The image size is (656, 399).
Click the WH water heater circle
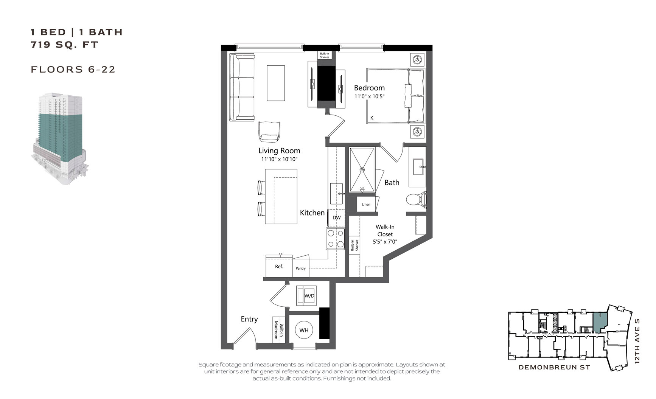click(304, 330)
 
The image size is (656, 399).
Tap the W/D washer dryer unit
click(309, 295)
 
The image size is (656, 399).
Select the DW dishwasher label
click(336, 218)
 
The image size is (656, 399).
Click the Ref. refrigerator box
click(279, 267)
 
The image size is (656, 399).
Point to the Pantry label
click(301, 269)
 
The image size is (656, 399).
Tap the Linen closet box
click(366, 205)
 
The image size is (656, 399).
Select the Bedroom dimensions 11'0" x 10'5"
click(369, 96)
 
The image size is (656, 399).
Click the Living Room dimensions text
click(279, 159)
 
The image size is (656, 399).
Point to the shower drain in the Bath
click(362, 170)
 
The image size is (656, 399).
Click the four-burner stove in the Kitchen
click(336, 239)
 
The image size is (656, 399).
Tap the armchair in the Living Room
click(269, 131)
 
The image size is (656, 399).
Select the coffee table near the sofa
click(276, 83)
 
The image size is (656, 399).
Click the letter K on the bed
click(372, 118)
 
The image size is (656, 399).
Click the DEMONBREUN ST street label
click(554, 367)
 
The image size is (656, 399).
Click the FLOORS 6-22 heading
click(73, 69)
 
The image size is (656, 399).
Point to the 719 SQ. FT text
click(64, 45)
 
